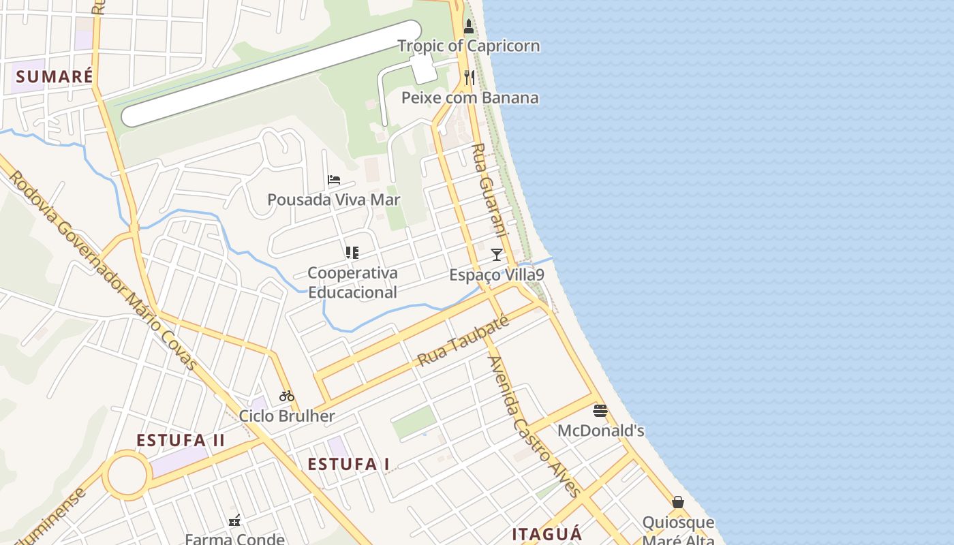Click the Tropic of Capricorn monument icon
coord(468,27)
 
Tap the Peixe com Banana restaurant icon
coord(469,78)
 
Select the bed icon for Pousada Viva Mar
coord(334,180)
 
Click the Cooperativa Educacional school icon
coord(352,253)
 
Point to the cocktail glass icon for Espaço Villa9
coord(497,255)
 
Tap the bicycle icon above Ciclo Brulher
coord(287,396)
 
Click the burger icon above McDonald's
coord(600,411)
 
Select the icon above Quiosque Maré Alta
coord(678,502)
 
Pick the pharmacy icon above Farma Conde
coord(235,520)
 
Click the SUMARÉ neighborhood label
coord(54,76)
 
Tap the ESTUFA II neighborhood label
coord(181,440)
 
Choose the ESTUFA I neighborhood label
coord(349,465)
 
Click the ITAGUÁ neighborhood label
coord(547,533)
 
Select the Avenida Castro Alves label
coord(535,426)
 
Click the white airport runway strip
coord(271,74)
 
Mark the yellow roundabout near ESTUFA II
coord(127,476)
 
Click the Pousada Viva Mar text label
coord(334,200)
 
